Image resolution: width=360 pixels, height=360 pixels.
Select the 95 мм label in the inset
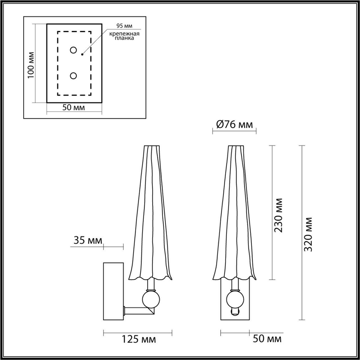[123, 26]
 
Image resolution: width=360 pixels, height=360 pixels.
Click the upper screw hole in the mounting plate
[73, 50]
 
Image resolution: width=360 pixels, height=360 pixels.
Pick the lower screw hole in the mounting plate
[73, 76]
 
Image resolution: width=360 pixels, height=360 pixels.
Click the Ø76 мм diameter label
[234, 125]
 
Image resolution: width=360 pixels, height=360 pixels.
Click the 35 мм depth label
[87, 240]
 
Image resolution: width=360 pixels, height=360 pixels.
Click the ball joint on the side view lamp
[150, 299]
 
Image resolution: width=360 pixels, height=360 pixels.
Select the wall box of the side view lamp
[113, 291]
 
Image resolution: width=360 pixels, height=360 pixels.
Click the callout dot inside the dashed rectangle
[82, 55]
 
